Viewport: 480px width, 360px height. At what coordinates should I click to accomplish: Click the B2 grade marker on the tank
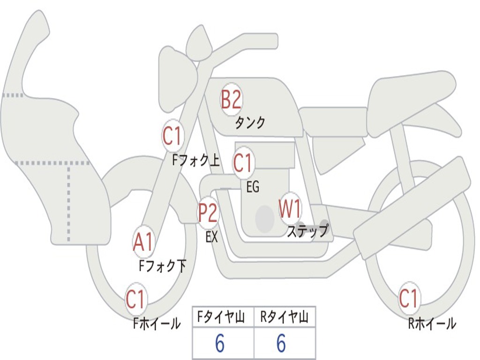pos(231,99)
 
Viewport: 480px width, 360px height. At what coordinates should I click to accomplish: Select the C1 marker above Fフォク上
pos(172,135)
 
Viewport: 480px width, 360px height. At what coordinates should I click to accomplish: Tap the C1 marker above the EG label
pos(242,163)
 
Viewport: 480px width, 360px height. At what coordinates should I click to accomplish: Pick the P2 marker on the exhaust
pos(208,213)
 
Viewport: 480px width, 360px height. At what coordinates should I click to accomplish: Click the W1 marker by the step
pos(290,209)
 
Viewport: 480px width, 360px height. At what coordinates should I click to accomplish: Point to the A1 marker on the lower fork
pos(143,242)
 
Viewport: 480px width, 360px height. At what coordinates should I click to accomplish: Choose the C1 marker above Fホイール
pos(135,299)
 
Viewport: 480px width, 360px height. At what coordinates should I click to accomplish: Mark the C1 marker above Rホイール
pos(409,298)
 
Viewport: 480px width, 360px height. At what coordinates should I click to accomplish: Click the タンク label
pos(250,123)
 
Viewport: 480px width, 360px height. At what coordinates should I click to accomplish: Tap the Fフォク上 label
pos(196,160)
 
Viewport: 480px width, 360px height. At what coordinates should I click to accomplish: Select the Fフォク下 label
pos(163,266)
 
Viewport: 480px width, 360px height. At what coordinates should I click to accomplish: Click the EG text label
pos(253,187)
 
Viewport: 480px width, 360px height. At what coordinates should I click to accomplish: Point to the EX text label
pos(212,237)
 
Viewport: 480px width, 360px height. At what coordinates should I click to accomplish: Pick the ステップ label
pos(307,231)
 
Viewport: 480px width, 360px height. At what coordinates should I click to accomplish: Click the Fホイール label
pos(157,323)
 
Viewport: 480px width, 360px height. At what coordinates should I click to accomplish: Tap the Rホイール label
pos(432,323)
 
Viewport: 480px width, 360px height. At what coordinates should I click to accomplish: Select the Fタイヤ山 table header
pos(221,317)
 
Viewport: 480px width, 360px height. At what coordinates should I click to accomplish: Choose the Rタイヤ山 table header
pos(285,317)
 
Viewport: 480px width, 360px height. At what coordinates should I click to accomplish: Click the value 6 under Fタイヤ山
pos(220,343)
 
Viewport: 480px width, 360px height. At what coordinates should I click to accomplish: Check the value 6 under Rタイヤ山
pos(281,343)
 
